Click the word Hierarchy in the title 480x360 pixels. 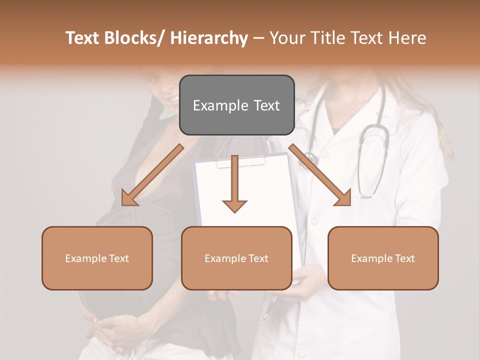[209, 38]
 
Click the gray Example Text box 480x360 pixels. [236, 105]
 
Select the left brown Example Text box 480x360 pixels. [97, 258]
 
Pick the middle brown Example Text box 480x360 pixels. [236, 258]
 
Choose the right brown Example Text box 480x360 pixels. [383, 258]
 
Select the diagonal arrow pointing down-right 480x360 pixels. [320, 175]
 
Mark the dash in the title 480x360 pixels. [258, 38]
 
